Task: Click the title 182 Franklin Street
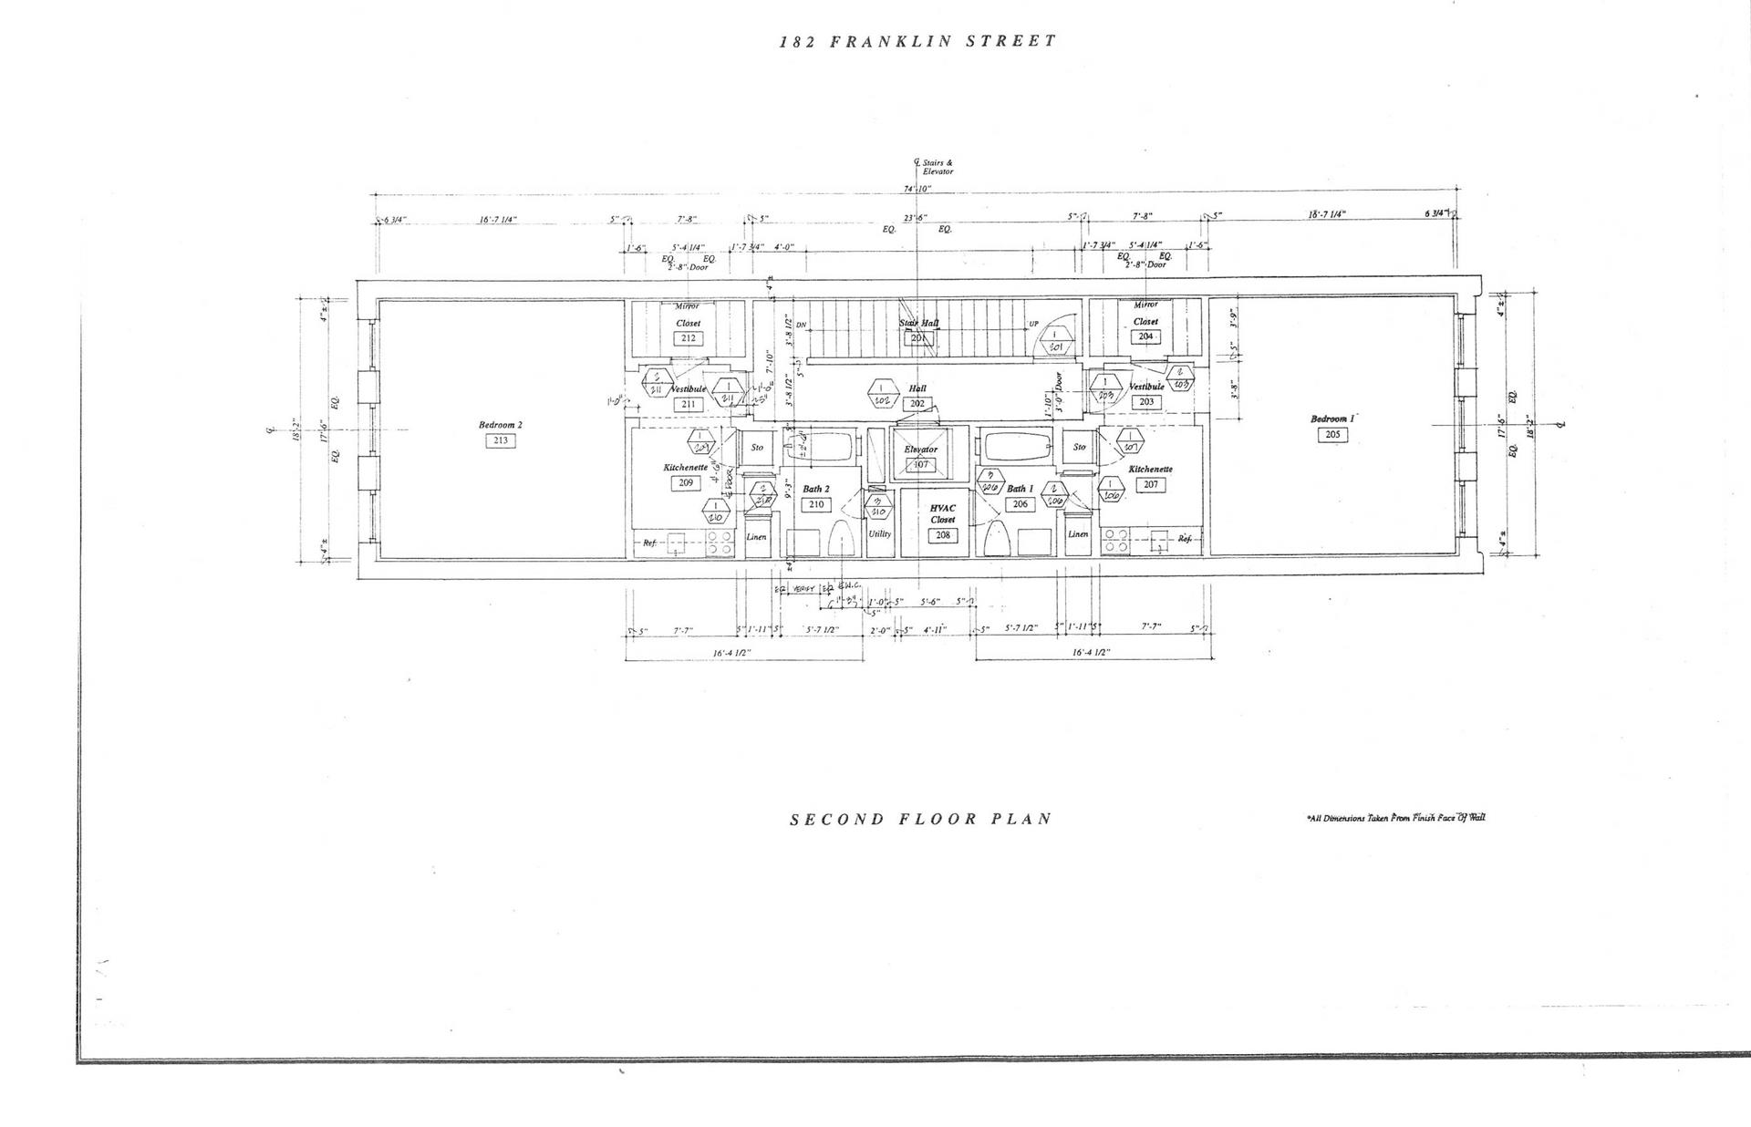(918, 41)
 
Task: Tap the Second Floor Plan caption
(920, 819)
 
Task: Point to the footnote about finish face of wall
(1396, 818)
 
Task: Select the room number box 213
(500, 440)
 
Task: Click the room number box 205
(1332, 435)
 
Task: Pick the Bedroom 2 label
(500, 425)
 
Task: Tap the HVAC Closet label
(942, 513)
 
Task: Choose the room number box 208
(943, 535)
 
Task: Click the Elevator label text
(920, 450)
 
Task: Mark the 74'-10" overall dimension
(917, 190)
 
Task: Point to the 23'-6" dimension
(915, 218)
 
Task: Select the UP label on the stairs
(1033, 324)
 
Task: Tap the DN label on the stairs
(801, 325)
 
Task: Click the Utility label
(879, 534)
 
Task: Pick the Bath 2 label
(815, 490)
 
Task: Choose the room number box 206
(1020, 504)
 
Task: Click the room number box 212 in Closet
(688, 338)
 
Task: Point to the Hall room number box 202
(917, 404)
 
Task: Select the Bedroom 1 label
(1332, 419)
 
